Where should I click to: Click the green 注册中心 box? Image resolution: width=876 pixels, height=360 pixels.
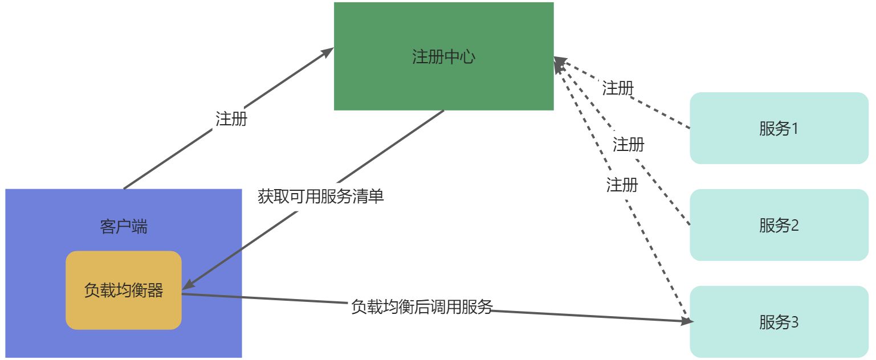pyautogui.click(x=443, y=80)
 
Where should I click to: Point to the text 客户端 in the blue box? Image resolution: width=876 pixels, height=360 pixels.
pyautogui.click(x=124, y=227)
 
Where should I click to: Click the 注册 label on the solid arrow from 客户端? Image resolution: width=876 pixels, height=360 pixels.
pyautogui.click(x=231, y=119)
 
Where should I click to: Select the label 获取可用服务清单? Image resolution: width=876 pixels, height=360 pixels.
pyautogui.click(x=321, y=197)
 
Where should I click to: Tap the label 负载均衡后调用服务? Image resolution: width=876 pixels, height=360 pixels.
pyautogui.click(x=421, y=307)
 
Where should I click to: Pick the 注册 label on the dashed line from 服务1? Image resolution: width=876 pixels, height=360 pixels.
pyautogui.click(x=618, y=88)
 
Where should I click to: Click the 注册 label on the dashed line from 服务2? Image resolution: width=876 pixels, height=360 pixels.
pyautogui.click(x=629, y=145)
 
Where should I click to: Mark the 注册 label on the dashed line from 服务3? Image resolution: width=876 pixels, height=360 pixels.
pyautogui.click(x=622, y=185)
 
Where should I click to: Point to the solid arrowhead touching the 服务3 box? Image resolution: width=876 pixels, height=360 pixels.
pyautogui.click(x=687, y=322)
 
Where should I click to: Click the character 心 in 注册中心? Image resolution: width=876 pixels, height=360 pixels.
pyautogui.click(x=467, y=57)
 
